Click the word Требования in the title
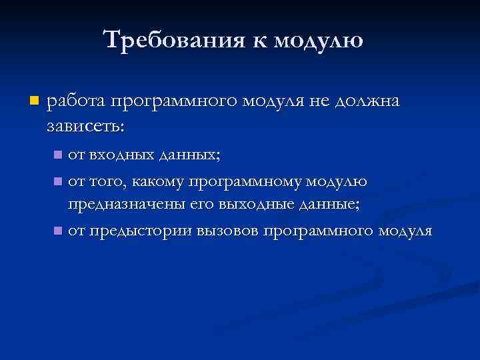coord(175,40)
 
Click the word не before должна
coord(317,102)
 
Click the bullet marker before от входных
coord(58,156)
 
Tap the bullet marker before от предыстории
coord(58,231)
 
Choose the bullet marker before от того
coord(58,181)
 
